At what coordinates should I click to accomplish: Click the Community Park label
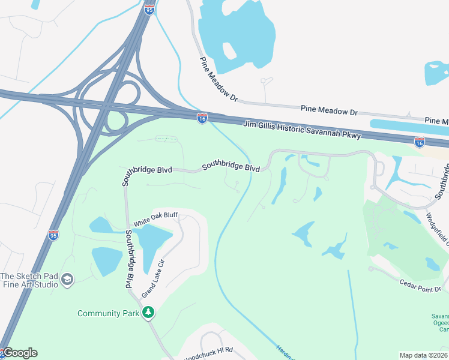point(108,313)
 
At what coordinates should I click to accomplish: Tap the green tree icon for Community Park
point(148,313)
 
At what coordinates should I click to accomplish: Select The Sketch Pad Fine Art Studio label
point(28,280)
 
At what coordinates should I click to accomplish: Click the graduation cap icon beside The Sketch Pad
point(67,279)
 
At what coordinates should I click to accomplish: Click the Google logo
point(20,353)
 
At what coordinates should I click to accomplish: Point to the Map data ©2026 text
point(424,355)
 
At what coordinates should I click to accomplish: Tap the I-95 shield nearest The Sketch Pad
point(53,235)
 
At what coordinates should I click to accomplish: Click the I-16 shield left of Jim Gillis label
point(202,118)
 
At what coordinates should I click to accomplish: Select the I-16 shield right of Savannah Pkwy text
point(420,142)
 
